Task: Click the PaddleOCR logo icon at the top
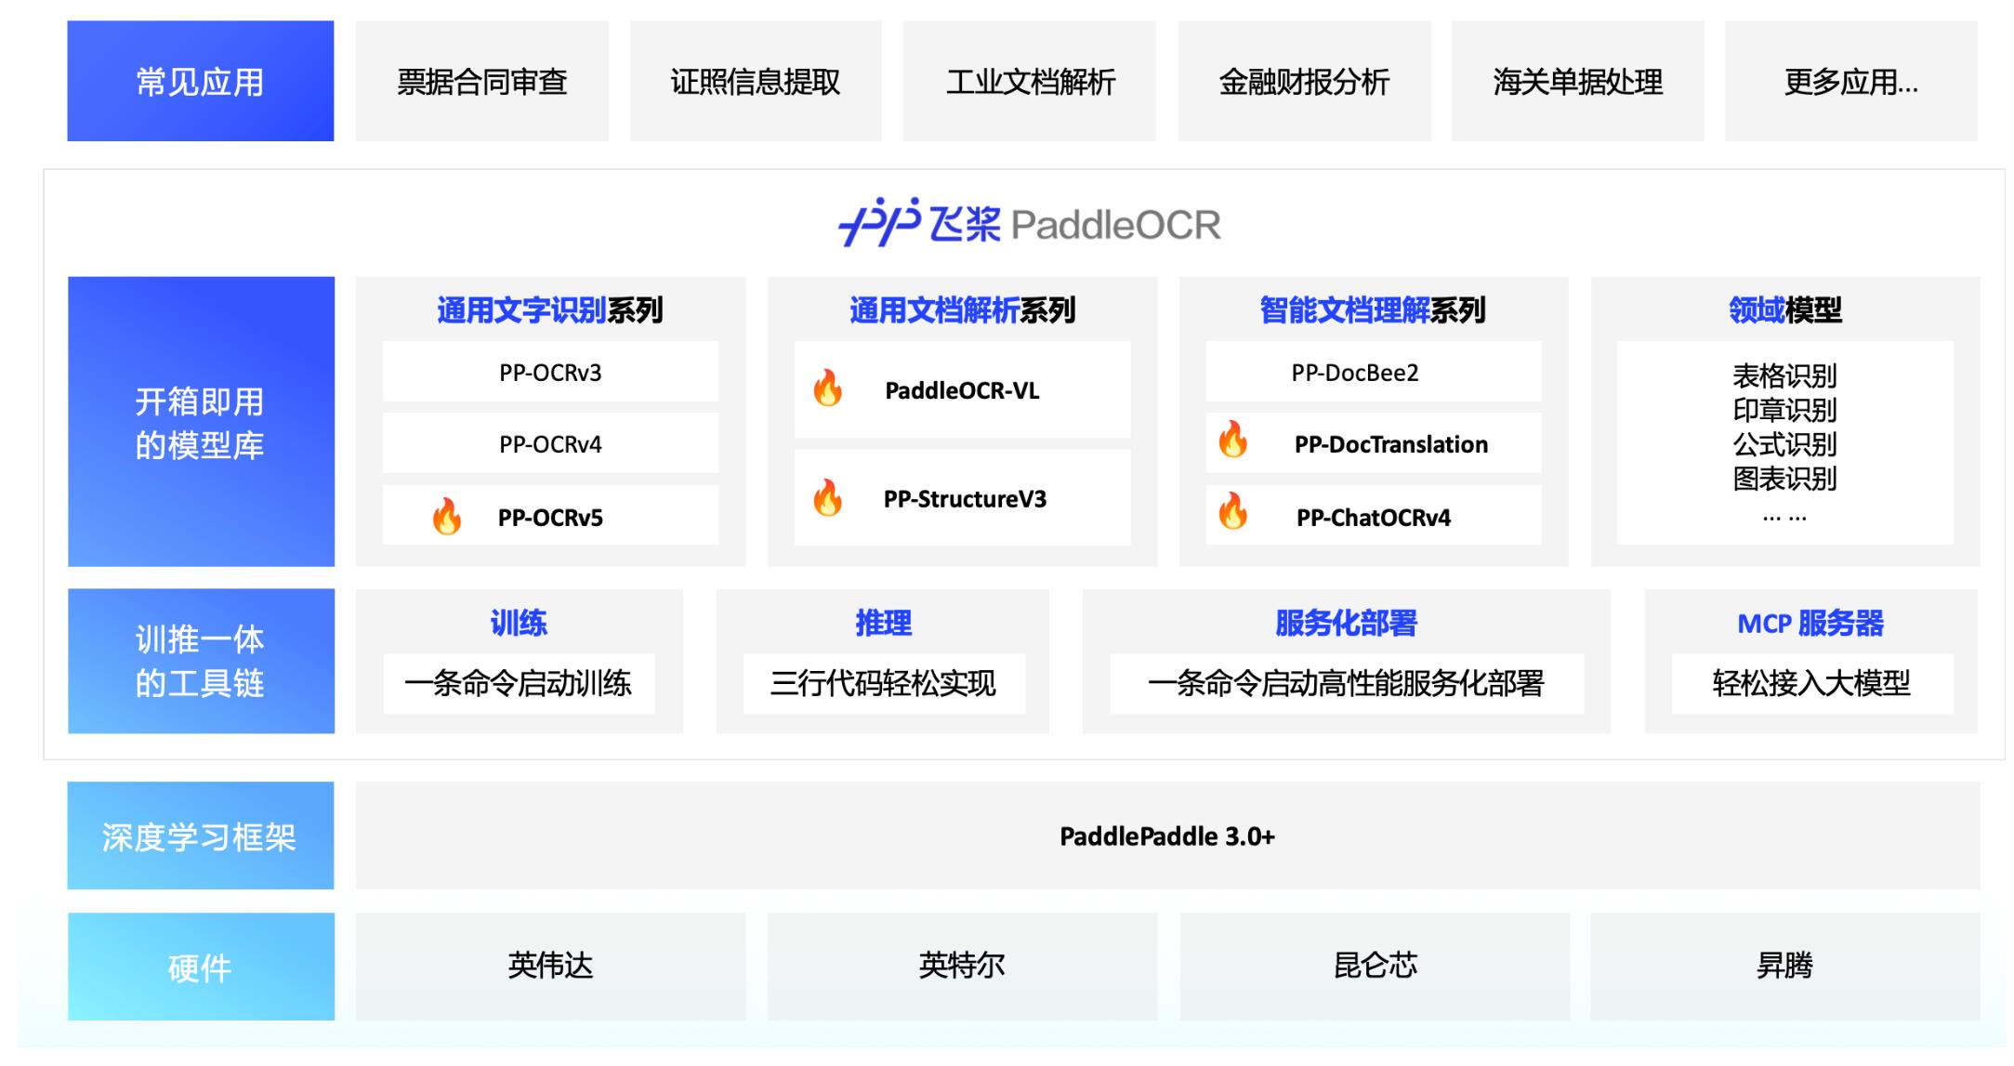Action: (878, 222)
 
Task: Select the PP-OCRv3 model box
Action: (550, 373)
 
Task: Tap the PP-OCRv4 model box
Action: (550, 444)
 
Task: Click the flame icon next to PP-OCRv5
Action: (447, 517)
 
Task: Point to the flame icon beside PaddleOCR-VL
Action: (827, 388)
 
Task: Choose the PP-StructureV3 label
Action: (965, 499)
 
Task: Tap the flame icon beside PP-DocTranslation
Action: (1233, 440)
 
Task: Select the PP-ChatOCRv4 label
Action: (1373, 518)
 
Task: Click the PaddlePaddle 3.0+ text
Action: (1167, 836)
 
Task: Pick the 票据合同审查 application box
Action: (481, 82)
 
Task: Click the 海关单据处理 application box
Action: (1577, 82)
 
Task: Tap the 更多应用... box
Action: (1850, 82)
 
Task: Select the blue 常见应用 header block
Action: (200, 82)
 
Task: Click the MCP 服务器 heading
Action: (1810, 623)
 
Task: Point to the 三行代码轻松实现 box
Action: (883, 684)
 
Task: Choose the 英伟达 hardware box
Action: (550, 966)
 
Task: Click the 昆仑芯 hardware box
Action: (1375, 966)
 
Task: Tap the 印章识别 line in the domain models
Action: (1784, 410)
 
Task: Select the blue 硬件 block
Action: (200, 967)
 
